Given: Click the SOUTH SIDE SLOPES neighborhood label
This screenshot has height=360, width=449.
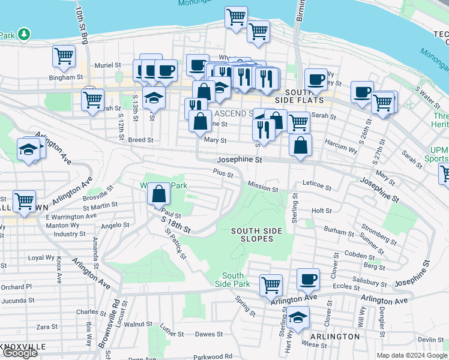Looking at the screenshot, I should [x=253, y=235].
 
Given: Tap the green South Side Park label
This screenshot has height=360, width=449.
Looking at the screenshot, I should [x=232, y=279].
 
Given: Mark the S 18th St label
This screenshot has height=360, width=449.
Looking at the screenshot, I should [x=176, y=224].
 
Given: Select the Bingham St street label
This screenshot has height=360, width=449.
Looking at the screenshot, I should [x=66, y=77].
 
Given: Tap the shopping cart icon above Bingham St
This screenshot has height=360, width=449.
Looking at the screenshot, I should [x=64, y=56].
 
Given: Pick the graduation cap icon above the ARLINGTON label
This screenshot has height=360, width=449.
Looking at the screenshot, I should [x=298, y=316].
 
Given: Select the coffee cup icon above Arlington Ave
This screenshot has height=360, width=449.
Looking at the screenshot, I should [x=309, y=279].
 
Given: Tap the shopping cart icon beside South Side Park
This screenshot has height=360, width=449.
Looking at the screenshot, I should [x=271, y=284].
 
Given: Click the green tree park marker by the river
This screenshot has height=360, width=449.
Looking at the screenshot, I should [x=24, y=34].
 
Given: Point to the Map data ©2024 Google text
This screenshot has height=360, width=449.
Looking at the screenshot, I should [x=412, y=355].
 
